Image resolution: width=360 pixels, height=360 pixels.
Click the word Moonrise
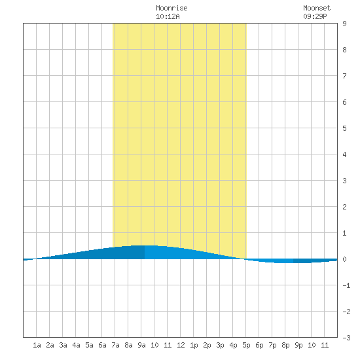(171, 8)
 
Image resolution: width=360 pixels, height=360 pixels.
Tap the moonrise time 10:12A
(168, 16)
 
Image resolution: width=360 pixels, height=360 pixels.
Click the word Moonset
(317, 8)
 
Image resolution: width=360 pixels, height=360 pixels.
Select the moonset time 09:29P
(315, 16)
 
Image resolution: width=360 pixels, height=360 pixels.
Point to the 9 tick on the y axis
(344, 24)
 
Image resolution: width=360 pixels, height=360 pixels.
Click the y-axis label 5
(344, 128)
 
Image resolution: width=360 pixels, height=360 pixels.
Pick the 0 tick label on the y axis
(344, 259)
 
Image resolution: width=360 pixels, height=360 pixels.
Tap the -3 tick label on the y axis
(346, 338)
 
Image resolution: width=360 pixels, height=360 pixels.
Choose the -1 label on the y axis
(346, 285)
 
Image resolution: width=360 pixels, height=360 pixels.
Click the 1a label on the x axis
(37, 345)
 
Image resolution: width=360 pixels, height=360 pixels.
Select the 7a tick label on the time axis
(115, 345)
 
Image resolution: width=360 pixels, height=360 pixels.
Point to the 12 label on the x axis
(181, 345)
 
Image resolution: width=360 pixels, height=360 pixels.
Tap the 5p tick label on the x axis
(246, 345)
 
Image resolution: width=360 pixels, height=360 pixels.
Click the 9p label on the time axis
(298, 345)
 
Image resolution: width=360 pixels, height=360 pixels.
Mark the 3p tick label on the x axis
(220, 345)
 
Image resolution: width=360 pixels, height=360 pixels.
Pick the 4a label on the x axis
(76, 345)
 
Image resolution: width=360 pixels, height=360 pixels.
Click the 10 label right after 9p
(312, 345)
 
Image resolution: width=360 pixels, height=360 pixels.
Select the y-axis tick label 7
(344, 76)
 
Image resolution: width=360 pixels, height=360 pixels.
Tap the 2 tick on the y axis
(344, 207)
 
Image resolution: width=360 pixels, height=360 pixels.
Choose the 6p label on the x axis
(259, 345)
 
